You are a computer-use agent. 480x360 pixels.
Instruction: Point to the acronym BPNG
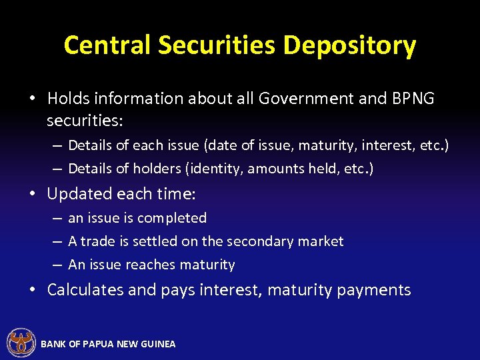413,99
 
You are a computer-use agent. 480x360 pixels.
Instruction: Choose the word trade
99,241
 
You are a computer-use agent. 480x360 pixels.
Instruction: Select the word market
322,241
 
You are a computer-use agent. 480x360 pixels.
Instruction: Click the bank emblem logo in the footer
21,343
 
